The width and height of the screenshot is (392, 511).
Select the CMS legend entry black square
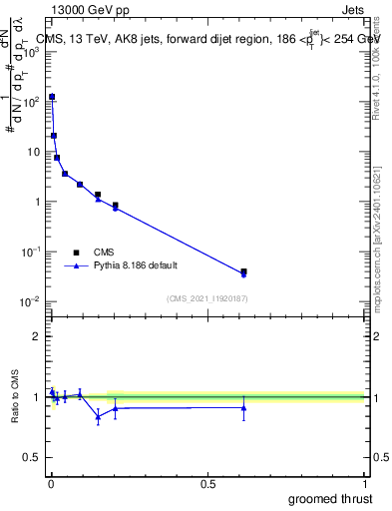point(75,253)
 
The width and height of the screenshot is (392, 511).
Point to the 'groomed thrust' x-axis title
point(330,497)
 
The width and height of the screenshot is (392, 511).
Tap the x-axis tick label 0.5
point(207,483)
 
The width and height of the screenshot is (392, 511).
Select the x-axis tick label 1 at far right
point(364,483)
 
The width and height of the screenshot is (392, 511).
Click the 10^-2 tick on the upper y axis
point(32,301)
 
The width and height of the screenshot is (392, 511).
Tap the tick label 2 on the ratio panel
point(37,336)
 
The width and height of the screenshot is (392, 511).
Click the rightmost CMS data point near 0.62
point(243,270)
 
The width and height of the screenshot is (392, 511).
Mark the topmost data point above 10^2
point(52,97)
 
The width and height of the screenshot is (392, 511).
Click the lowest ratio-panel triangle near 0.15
point(98,417)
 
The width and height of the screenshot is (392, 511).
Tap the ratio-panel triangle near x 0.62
point(243,407)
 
